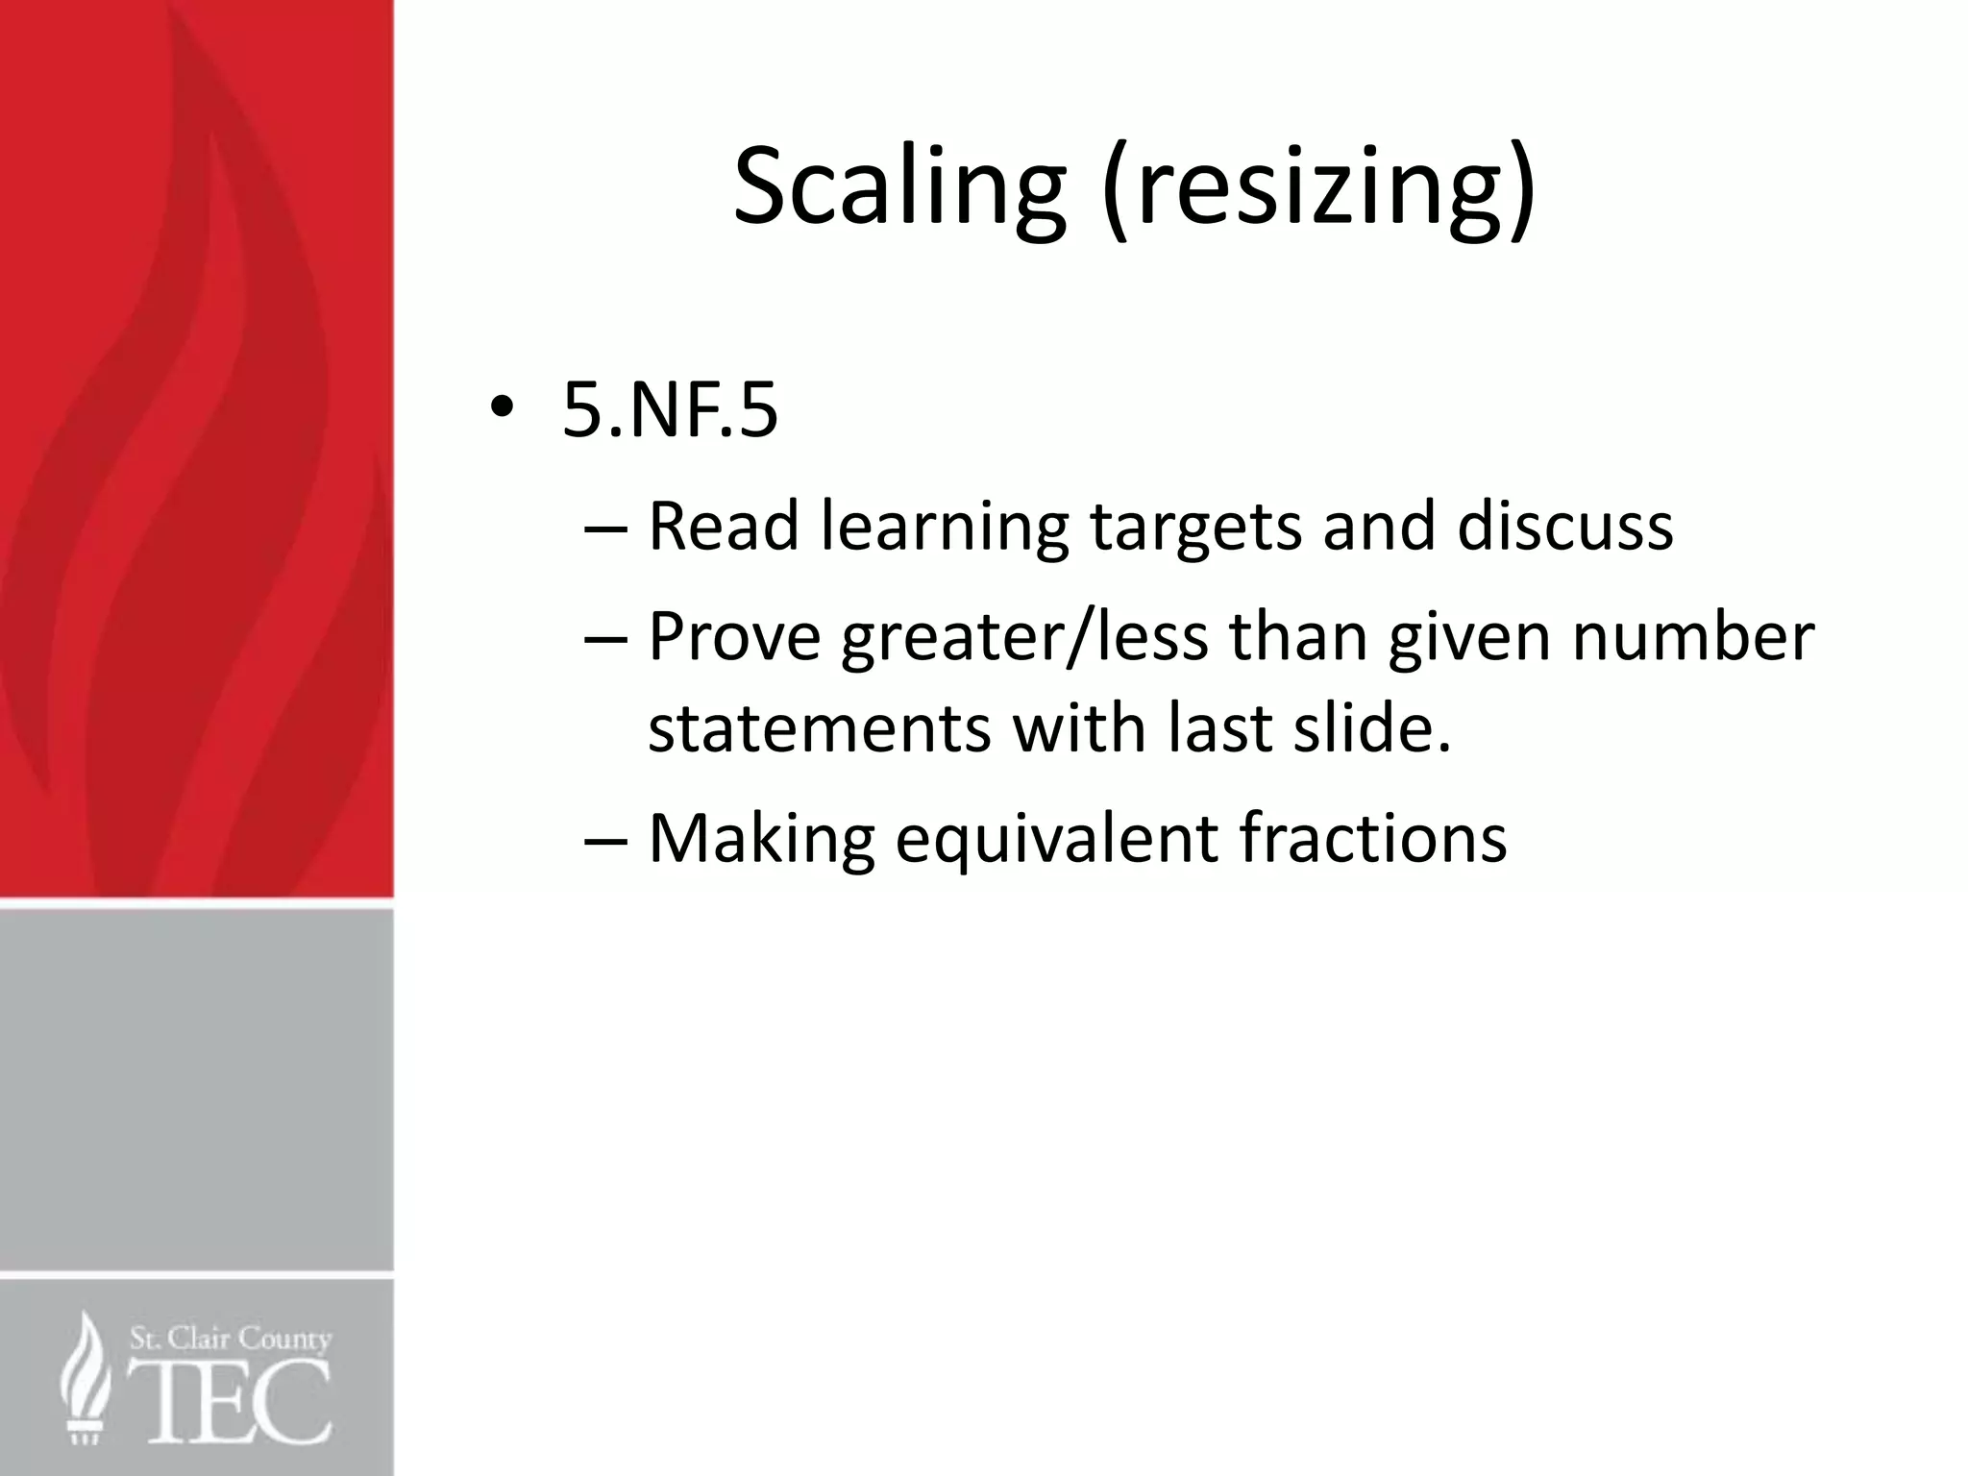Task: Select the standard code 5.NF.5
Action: [670, 411]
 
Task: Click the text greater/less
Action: [1023, 638]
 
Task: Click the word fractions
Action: [1372, 838]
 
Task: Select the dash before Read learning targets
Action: [605, 528]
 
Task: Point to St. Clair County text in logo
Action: [230, 1338]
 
